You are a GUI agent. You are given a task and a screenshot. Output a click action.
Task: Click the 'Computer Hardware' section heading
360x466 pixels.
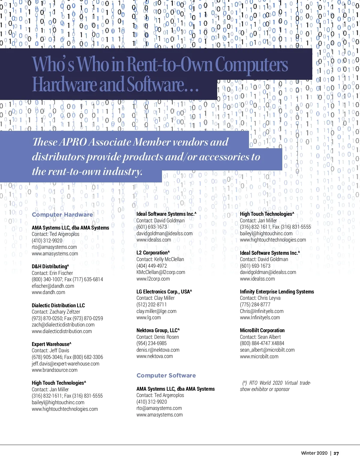(x=62, y=215)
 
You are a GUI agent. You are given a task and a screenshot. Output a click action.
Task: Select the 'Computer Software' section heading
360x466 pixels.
(x=166, y=375)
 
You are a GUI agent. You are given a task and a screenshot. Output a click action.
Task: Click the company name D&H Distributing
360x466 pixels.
(x=50, y=266)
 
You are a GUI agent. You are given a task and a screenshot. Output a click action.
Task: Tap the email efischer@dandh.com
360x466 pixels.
(x=53, y=286)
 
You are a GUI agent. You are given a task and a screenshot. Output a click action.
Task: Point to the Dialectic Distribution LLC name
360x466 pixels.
(x=58, y=305)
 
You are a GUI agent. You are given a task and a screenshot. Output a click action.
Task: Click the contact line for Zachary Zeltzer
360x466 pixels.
(x=56, y=312)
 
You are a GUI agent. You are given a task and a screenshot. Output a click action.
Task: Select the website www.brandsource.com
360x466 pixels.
(x=55, y=370)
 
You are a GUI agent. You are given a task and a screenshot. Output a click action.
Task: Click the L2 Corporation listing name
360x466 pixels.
(x=153, y=253)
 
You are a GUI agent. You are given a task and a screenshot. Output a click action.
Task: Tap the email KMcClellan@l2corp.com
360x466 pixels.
(x=160, y=272)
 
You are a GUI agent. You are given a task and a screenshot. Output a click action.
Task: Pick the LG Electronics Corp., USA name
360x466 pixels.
(x=164, y=292)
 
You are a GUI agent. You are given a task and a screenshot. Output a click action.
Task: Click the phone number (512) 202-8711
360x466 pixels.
(x=151, y=305)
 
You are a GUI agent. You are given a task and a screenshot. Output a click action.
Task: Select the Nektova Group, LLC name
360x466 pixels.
(x=158, y=330)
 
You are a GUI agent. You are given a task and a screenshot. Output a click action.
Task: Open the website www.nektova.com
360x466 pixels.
(x=154, y=356)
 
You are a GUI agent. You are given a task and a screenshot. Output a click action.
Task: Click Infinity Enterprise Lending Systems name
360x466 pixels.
(x=277, y=292)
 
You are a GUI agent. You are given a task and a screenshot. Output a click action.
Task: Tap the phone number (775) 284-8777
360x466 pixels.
(x=255, y=305)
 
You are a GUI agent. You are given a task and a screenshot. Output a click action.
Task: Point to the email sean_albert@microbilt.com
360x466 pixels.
(x=267, y=350)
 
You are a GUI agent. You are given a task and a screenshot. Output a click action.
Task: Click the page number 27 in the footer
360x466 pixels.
(x=336, y=453)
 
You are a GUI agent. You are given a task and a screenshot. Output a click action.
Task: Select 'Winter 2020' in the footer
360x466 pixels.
(x=314, y=453)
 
